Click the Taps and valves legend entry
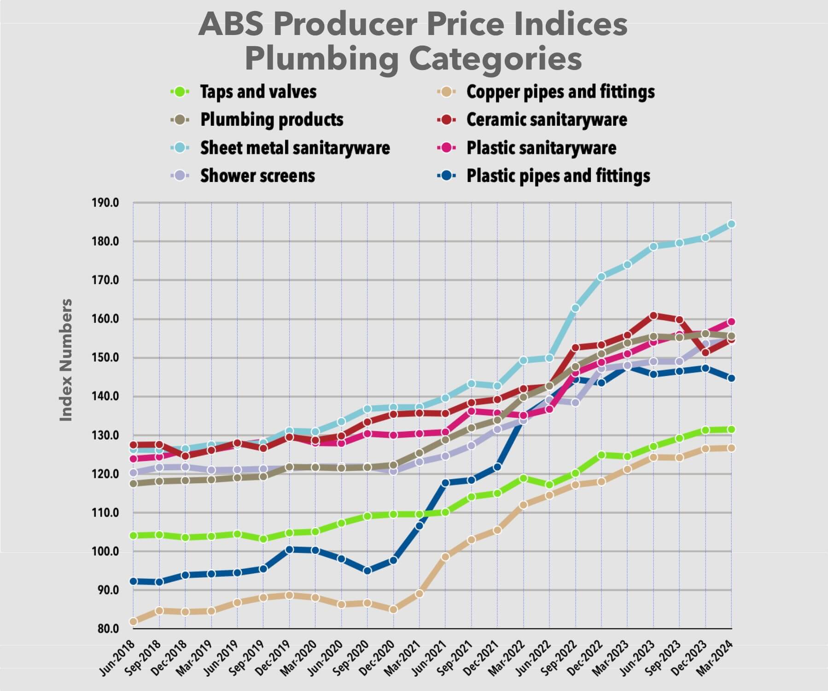258,92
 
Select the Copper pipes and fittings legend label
560,92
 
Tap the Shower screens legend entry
257,176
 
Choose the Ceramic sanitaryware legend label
546,120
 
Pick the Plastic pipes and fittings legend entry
558,176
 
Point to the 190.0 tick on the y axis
105,203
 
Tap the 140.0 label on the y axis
105,396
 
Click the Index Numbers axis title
66,360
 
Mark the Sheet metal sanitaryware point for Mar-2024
731,224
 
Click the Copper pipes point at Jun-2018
134,621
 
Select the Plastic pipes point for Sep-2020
367,571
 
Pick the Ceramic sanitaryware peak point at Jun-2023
653,316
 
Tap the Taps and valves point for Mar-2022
523,478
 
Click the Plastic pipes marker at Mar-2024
731,378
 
